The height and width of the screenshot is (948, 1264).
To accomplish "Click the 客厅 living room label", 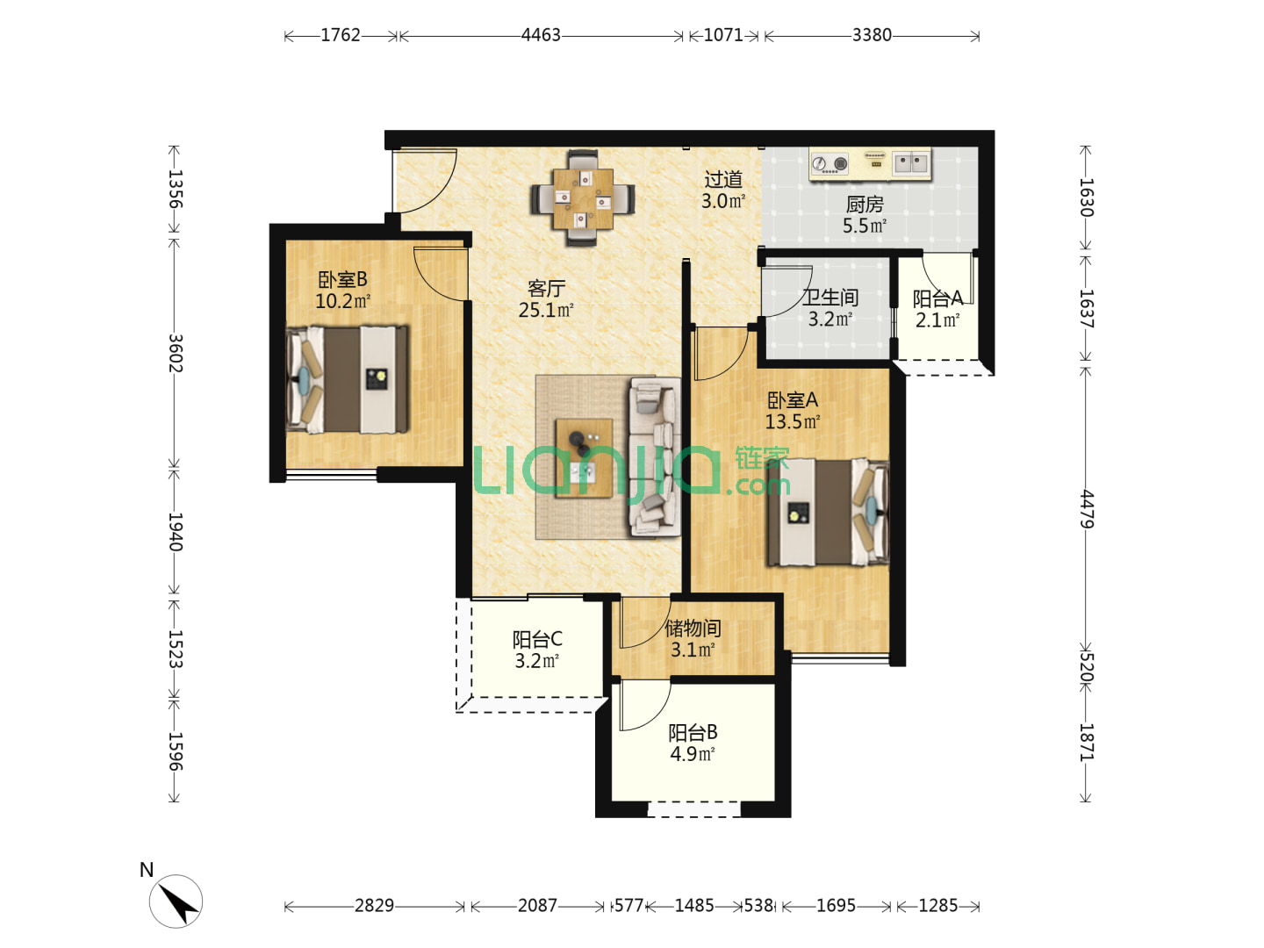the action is [x=546, y=287].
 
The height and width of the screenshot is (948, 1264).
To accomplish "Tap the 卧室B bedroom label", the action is [x=342, y=279].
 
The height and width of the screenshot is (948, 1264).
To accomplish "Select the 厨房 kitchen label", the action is [x=864, y=204].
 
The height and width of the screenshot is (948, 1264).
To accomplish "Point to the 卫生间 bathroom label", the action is [x=829, y=297].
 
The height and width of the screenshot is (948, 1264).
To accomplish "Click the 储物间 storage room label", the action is [x=693, y=628].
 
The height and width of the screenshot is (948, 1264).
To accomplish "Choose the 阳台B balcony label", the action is [x=693, y=732].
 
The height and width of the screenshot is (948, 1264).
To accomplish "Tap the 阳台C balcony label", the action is [x=536, y=639].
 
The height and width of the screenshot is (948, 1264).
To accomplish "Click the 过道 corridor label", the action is [x=723, y=180].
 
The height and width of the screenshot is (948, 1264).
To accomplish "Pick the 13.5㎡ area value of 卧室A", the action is [x=793, y=421].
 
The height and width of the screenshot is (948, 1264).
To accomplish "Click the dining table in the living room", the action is [x=582, y=198].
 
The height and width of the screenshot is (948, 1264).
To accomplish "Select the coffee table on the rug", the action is [x=584, y=458].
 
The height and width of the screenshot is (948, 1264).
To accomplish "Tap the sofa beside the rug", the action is [x=655, y=457].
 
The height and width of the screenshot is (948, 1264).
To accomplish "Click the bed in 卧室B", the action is [x=348, y=380].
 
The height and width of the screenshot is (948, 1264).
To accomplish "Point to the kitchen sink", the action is [x=910, y=163].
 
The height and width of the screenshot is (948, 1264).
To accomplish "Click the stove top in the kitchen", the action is [x=829, y=164].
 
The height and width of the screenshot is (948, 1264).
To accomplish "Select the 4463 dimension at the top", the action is [x=541, y=35].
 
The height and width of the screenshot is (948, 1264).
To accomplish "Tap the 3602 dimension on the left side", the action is [x=175, y=353].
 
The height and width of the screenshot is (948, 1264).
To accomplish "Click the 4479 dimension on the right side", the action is [x=1086, y=509].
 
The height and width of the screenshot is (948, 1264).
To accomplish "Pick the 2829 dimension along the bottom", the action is [x=374, y=906].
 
